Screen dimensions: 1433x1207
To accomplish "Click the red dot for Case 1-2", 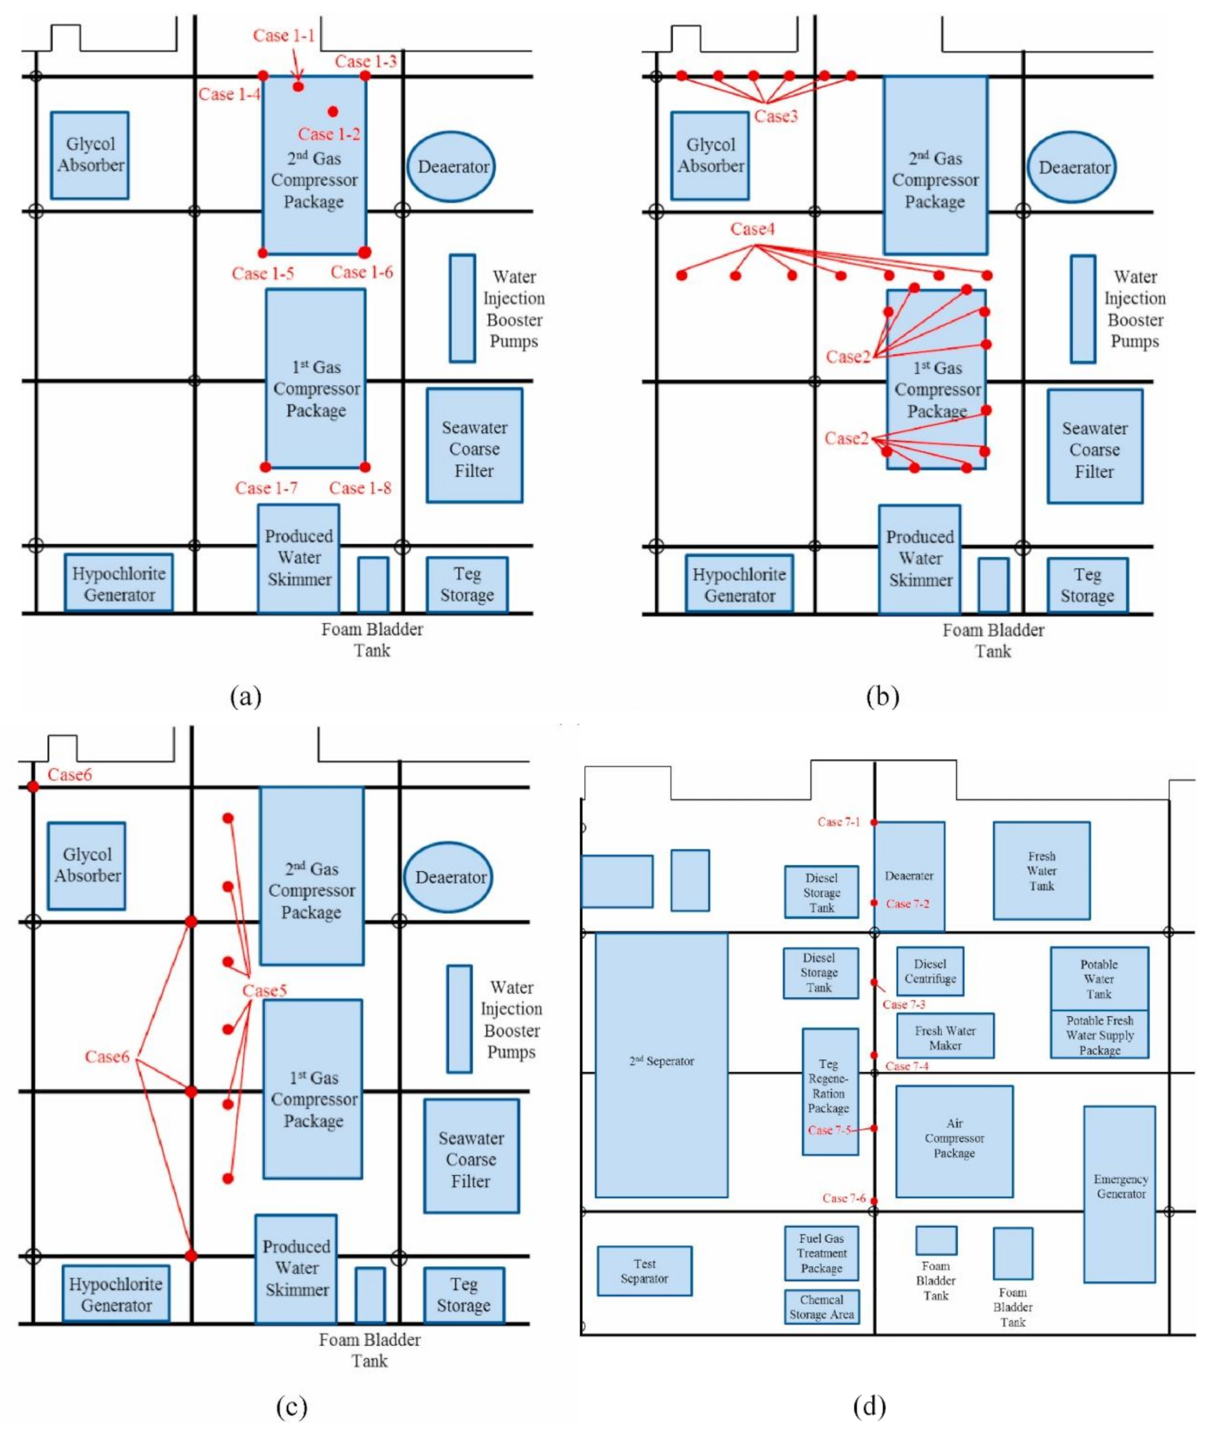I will click(333, 111).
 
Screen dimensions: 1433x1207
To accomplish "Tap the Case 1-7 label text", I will click(266, 488).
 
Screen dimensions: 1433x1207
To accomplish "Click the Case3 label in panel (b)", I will click(776, 116).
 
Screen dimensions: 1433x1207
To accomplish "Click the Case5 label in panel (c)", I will click(265, 991).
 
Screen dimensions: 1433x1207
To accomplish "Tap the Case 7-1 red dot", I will click(874, 822).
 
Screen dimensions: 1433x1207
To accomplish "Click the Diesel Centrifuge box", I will click(930, 971).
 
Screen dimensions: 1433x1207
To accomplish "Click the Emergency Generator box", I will click(1120, 1187).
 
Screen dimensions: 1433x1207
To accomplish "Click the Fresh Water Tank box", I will click(1041, 871).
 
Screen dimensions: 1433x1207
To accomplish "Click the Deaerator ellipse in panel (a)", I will click(452, 167).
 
